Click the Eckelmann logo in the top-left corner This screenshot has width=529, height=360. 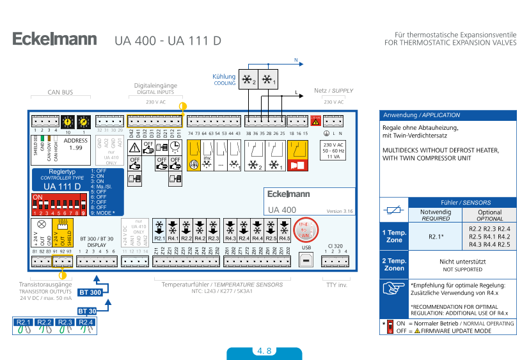(54, 40)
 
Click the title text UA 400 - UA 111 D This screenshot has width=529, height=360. (168, 40)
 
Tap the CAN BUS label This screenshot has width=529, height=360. (60, 92)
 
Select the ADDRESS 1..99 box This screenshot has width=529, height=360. (76, 144)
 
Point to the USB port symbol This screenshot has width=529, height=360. (306, 258)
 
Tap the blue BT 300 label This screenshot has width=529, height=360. (90, 292)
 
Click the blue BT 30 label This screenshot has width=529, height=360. (87, 310)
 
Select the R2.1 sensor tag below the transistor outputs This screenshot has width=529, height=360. (24, 322)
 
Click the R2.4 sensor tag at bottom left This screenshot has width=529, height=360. (86, 322)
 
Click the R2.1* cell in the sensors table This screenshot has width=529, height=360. (436, 236)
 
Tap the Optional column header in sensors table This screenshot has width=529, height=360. (490, 215)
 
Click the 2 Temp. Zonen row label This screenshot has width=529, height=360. (394, 264)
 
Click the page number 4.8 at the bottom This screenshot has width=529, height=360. (264, 351)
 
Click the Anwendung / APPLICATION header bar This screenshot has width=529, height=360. (448, 115)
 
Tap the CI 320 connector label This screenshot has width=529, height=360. (335, 245)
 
